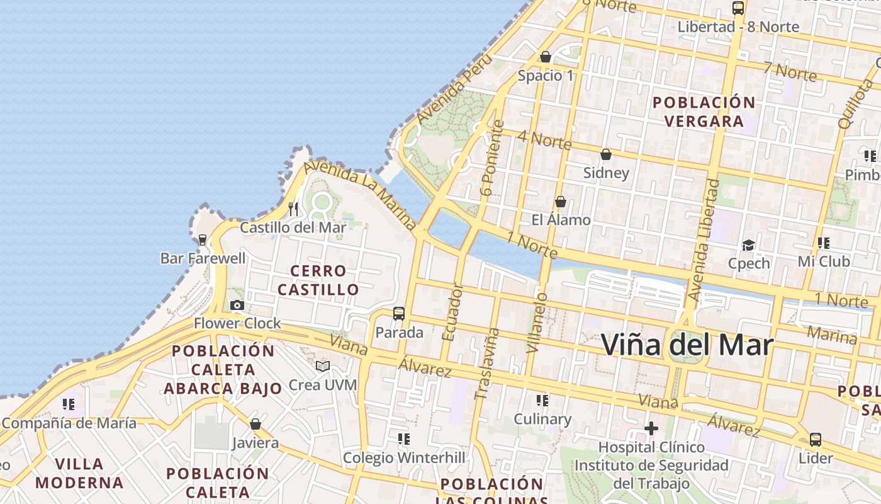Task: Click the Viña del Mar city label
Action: coord(687,345)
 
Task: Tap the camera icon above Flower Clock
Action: coord(237,306)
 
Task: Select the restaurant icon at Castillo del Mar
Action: coord(293,209)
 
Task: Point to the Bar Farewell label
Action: coord(203,258)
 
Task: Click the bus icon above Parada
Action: coord(399,313)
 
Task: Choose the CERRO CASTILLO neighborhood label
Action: coord(318,280)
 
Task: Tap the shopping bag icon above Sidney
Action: coord(606,154)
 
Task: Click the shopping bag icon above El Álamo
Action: coord(561,202)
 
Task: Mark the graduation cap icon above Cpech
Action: coord(748,244)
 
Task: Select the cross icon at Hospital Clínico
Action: coord(651,429)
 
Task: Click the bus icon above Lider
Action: coord(816,439)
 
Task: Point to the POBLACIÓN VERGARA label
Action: coord(704,112)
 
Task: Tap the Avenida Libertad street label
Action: coord(704,239)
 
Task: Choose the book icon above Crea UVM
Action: coord(323,366)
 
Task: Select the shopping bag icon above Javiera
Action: coord(255,424)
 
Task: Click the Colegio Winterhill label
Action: coord(404,457)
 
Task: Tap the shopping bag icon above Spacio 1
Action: coord(546,57)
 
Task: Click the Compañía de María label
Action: coord(69,423)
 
